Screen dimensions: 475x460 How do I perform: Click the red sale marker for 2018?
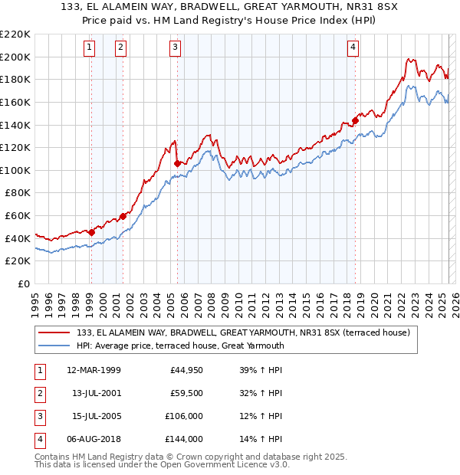(355, 120)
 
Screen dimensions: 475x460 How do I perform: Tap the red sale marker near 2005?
(177, 163)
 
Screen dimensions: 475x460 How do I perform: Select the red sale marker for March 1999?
(91, 232)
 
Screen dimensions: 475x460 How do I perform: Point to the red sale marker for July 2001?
(123, 216)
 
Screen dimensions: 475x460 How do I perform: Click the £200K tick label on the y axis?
(15, 57)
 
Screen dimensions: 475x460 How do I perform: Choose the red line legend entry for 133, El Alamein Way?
(244, 332)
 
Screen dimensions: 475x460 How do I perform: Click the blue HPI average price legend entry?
(180, 346)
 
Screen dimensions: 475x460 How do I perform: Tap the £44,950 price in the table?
(186, 370)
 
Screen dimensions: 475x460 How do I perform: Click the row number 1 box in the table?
(38, 370)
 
